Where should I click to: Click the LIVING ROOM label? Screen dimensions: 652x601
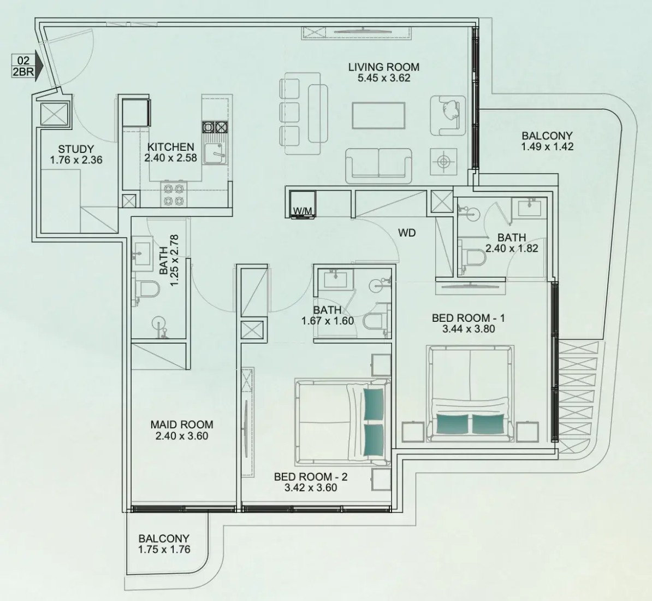click(384, 67)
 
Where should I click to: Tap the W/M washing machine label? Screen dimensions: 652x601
click(303, 211)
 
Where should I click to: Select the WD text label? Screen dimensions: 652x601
click(407, 233)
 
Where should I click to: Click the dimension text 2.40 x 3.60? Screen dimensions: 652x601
click(182, 436)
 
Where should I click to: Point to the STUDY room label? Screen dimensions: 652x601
click(76, 149)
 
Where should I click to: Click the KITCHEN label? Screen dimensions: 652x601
click(170, 147)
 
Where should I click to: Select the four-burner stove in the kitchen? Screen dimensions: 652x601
click(174, 195)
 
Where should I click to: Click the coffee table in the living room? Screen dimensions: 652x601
click(378, 116)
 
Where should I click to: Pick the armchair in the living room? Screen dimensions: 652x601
click(448, 115)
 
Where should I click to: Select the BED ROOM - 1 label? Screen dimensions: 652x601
click(468, 318)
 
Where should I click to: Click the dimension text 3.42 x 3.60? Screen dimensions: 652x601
click(311, 488)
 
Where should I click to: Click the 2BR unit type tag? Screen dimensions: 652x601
click(23, 72)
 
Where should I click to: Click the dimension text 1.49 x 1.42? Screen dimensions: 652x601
click(547, 146)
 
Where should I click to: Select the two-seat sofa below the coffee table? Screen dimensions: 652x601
click(378, 166)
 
